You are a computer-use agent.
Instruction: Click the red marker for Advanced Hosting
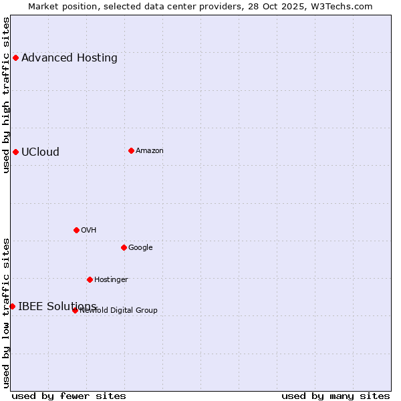(x=15, y=57)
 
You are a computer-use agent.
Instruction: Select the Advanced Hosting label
(x=70, y=58)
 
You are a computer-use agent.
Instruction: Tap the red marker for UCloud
(x=15, y=152)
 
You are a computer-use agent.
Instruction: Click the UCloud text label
(x=40, y=152)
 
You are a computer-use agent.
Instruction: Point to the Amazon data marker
(x=131, y=150)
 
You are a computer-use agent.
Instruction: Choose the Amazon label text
(x=150, y=151)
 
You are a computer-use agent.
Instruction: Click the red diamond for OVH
(x=76, y=230)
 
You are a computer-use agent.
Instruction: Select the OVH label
(x=89, y=231)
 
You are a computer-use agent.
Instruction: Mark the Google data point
(x=124, y=247)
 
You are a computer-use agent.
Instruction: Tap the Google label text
(x=140, y=248)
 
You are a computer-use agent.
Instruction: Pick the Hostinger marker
(x=90, y=279)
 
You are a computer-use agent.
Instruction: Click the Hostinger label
(x=111, y=280)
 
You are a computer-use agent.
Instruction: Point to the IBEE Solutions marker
(x=12, y=306)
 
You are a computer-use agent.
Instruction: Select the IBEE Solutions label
(x=57, y=307)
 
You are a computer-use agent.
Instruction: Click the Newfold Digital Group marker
(x=75, y=310)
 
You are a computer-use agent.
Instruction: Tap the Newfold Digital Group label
(x=119, y=311)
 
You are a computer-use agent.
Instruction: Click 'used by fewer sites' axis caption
(x=69, y=396)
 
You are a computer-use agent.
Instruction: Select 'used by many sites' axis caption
(x=336, y=396)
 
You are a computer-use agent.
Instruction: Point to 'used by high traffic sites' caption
(x=6, y=95)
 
